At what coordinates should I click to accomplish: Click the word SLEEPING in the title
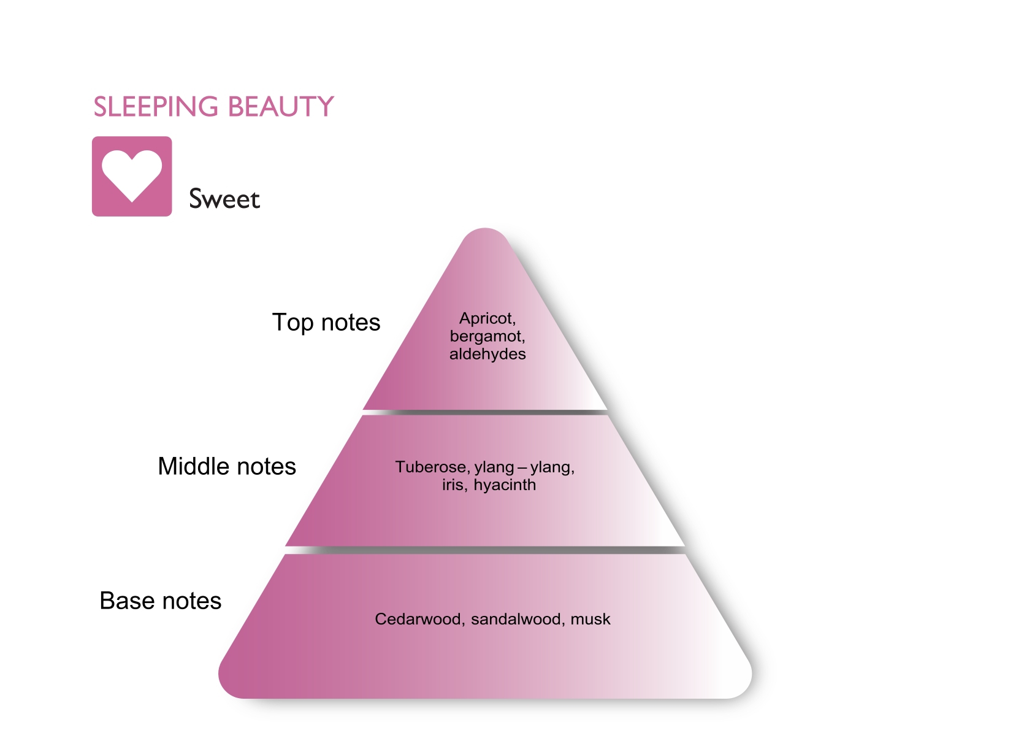tap(156, 107)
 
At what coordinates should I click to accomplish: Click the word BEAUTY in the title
tap(281, 107)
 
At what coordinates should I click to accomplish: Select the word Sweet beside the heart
tap(224, 199)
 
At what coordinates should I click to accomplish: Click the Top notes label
tap(326, 323)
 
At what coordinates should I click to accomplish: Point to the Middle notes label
tap(227, 466)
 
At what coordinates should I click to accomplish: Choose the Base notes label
tap(161, 601)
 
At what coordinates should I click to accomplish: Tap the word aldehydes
tap(487, 354)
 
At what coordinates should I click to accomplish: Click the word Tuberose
tap(430, 467)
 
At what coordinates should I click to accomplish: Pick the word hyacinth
tap(505, 485)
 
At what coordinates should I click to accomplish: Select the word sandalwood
tap(517, 619)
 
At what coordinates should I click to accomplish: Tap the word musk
tap(591, 619)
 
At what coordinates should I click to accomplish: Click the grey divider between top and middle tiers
tap(485, 412)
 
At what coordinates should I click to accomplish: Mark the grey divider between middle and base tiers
tap(485, 550)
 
